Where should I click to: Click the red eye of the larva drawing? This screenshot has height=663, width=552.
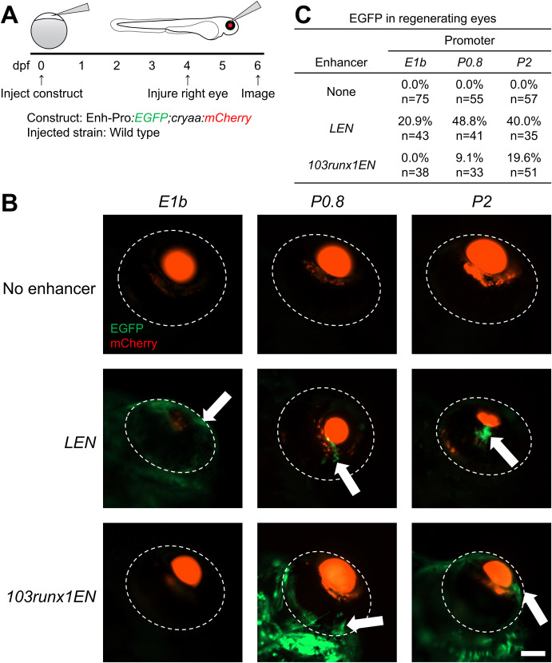coord(231,25)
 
